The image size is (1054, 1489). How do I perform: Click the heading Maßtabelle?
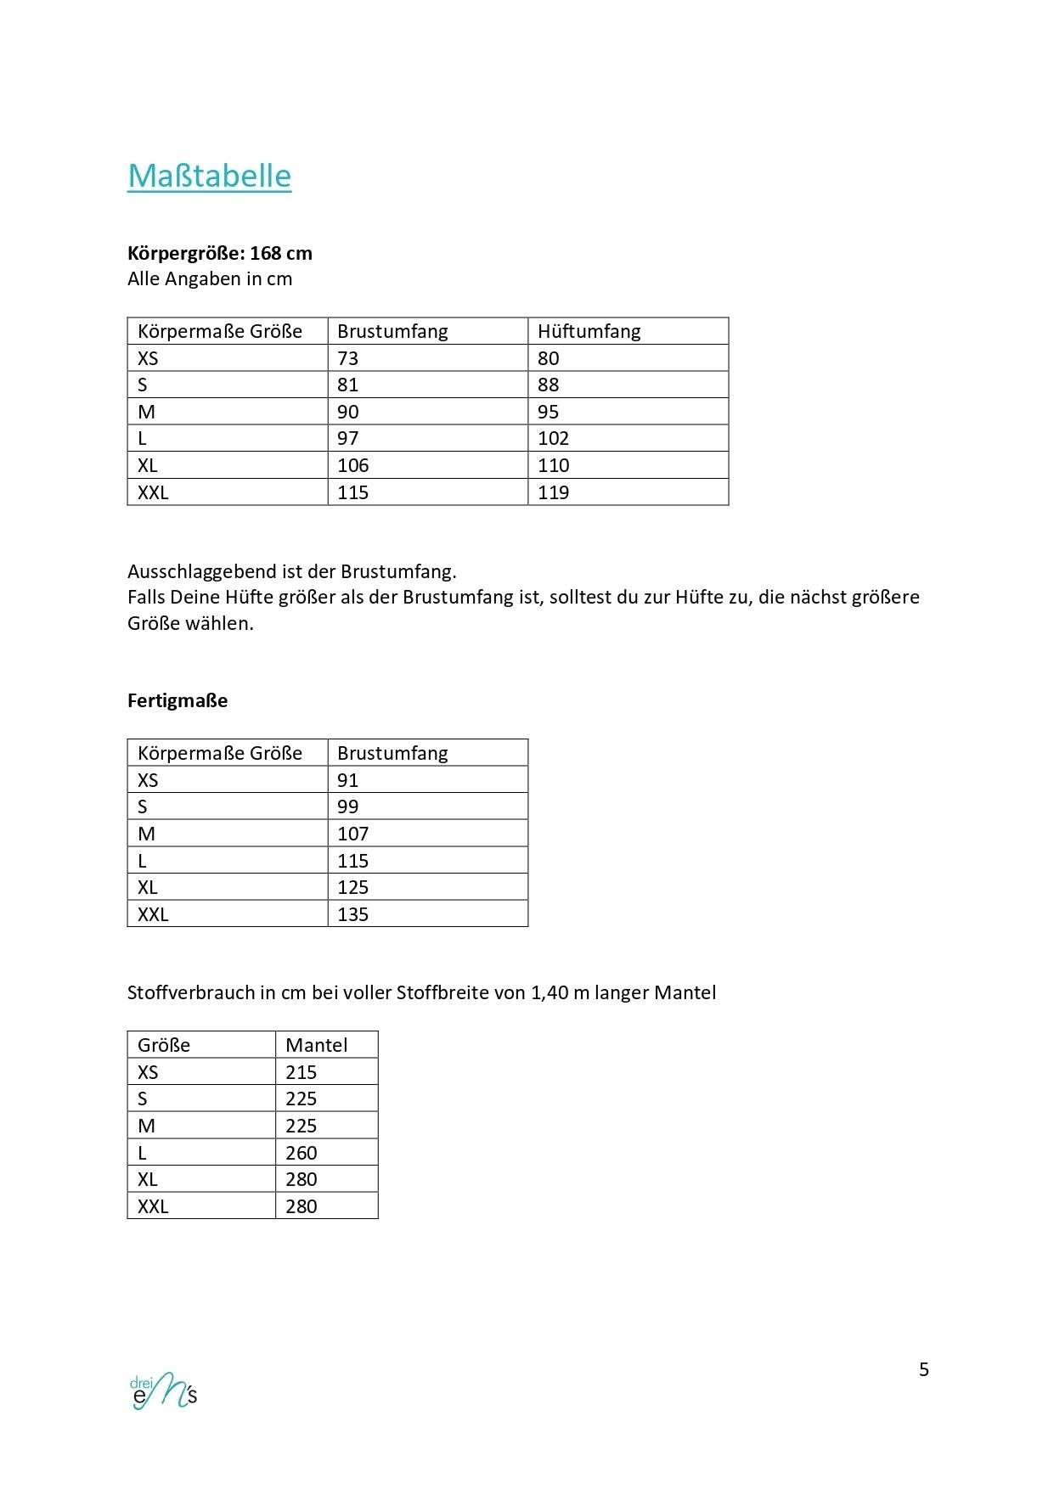[209, 176]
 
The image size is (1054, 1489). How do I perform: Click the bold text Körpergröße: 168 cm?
[219, 253]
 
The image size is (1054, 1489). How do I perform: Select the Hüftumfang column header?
[589, 331]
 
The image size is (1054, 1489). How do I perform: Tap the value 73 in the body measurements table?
[347, 358]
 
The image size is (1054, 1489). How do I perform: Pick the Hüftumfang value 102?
[553, 438]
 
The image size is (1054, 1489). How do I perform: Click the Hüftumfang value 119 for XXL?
[553, 492]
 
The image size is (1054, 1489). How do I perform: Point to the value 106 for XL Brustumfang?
[352, 465]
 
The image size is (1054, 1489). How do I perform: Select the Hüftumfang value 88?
[548, 385]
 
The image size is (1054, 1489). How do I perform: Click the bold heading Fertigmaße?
[178, 700]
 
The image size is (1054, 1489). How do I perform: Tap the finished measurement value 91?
[347, 780]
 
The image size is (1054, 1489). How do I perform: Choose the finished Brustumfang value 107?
[352, 834]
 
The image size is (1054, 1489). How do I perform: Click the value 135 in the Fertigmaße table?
[352, 914]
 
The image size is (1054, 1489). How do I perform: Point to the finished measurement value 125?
[352, 887]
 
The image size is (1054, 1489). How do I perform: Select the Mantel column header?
[316, 1045]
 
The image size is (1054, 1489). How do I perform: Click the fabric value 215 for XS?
[301, 1072]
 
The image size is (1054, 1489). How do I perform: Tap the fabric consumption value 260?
[301, 1153]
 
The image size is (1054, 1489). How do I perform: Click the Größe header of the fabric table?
[163, 1045]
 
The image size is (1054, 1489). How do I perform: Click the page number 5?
[924, 1369]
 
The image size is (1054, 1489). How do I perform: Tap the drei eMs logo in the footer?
[163, 1390]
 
